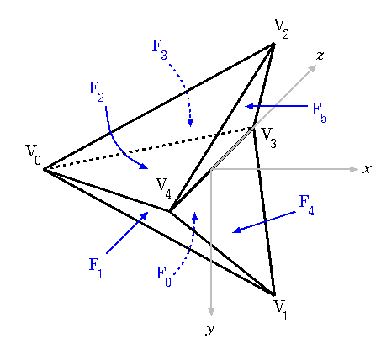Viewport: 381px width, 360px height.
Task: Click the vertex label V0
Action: (34, 155)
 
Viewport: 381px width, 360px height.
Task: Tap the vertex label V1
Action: (281, 310)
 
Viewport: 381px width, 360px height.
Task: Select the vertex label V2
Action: (282, 29)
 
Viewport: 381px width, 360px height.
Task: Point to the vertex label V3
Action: (269, 138)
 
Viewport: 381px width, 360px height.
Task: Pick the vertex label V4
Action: (164, 188)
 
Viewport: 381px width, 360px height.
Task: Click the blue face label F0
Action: (164, 277)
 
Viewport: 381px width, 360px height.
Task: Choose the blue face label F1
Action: (96, 268)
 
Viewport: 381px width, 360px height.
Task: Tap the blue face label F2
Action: (97, 92)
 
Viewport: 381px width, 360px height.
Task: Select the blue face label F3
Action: (160, 50)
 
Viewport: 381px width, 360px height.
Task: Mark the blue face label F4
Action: (307, 205)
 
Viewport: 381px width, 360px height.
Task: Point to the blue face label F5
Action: (320, 113)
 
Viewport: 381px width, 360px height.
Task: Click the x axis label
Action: (367, 169)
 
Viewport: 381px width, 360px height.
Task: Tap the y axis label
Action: (210, 330)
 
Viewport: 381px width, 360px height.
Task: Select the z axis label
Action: (320, 56)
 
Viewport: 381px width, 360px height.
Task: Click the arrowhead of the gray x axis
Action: (354, 169)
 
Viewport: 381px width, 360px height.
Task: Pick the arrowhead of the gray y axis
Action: (211, 312)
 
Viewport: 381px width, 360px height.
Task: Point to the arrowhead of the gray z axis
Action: (313, 68)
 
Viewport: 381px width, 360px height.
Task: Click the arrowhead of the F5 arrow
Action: (249, 106)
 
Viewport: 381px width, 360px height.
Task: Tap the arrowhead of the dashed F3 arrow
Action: (191, 123)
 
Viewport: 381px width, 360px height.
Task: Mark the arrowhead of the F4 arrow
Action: (237, 230)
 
